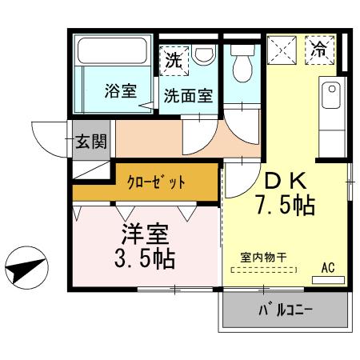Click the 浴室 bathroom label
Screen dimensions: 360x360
(120, 91)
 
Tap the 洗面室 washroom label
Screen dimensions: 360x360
(188, 95)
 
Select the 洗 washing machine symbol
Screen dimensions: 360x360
(174, 58)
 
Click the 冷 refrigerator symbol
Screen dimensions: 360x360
(320, 49)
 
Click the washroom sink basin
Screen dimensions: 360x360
(204, 56)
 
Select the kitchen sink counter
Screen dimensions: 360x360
(329, 112)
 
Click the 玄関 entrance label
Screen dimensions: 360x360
(90, 143)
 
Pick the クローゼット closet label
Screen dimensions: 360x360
(156, 182)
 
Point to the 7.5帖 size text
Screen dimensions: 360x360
(285, 206)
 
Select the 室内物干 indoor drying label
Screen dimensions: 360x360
(263, 257)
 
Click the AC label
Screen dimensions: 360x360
(328, 266)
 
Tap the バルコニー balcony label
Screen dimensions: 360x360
(285, 310)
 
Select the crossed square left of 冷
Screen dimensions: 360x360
(282, 50)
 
